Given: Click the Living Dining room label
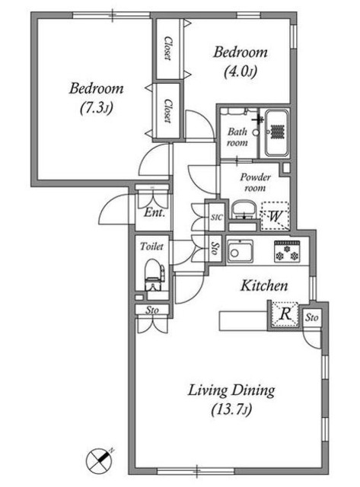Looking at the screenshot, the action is tap(231, 390).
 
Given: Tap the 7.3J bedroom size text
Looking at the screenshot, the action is tap(97, 108).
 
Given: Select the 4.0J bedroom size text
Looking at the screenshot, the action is tap(240, 72).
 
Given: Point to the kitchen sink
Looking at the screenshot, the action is tap(240, 252).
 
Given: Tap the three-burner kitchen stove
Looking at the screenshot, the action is tap(287, 251).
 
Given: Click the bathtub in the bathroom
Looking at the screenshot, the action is tap(277, 134).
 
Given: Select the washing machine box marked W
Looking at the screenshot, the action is tap(275, 216).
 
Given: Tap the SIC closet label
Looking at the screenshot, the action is tap(216, 217).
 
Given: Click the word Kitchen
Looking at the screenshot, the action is tap(264, 286).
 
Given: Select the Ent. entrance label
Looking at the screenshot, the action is tap(154, 213).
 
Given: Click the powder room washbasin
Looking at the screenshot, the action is tap(244, 211).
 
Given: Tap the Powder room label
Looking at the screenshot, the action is tap(255, 183).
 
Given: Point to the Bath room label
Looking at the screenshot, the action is tap(237, 137).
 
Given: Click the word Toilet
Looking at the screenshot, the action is tap(151, 247).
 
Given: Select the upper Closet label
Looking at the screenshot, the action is tap(167, 48).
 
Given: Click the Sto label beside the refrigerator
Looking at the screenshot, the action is tap(311, 317).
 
